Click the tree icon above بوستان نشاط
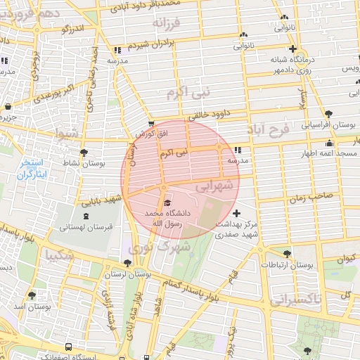(x=84, y=152)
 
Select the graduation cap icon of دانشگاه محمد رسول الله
(x=167, y=203)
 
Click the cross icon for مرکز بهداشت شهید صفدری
(x=236, y=213)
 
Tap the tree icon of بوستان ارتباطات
(x=287, y=254)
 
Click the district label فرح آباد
(x=269, y=130)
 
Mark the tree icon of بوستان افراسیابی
(x=328, y=114)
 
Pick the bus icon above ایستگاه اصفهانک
(x=67, y=347)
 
